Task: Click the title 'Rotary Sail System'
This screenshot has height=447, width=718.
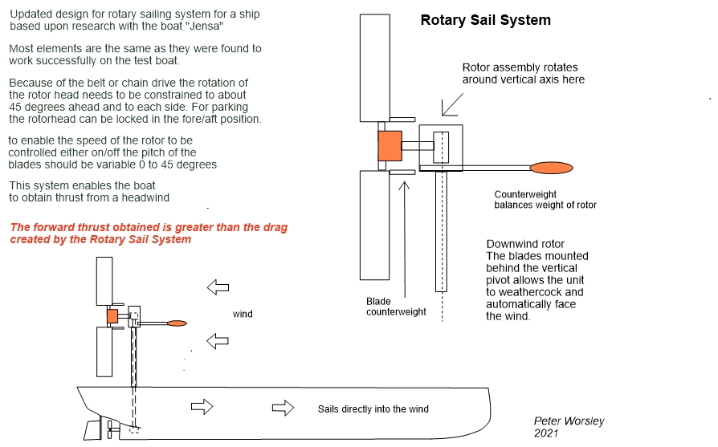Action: (x=485, y=20)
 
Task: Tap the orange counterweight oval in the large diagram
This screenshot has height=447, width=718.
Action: (x=551, y=167)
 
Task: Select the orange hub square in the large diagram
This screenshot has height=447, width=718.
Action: (x=390, y=146)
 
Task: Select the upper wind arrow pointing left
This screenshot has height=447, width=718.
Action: (x=218, y=286)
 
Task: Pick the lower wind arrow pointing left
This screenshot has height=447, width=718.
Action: (x=218, y=341)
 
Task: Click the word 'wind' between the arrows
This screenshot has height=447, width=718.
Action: (x=243, y=314)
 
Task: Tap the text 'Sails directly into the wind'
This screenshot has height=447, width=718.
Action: (x=373, y=409)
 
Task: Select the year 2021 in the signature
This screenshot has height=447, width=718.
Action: (x=546, y=433)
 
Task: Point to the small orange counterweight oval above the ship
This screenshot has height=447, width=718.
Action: (x=177, y=323)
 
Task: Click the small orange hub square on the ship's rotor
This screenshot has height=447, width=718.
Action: (x=112, y=315)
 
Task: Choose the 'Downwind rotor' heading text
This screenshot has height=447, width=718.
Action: (x=525, y=244)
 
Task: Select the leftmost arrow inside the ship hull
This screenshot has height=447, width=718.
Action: (x=202, y=407)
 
